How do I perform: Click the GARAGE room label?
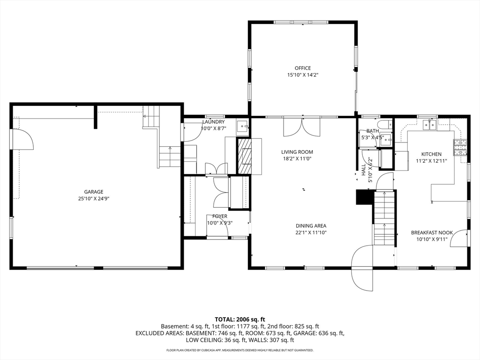point(94,192)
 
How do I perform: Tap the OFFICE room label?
point(303,68)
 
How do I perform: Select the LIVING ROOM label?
point(297,152)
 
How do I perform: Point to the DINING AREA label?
point(311,226)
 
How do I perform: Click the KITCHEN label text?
point(431,154)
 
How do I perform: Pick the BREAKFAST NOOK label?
point(432,232)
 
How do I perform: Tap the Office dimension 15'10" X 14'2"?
point(303,75)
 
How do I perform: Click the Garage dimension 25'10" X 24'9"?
point(94,199)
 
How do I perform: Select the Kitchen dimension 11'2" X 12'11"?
point(431,161)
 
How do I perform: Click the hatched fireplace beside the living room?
point(244,157)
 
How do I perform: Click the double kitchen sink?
point(430,125)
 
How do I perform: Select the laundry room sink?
point(243,126)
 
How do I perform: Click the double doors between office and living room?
point(302,127)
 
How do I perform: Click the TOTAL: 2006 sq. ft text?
point(240,320)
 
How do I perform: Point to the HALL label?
point(364,170)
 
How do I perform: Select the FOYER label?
point(220,217)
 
